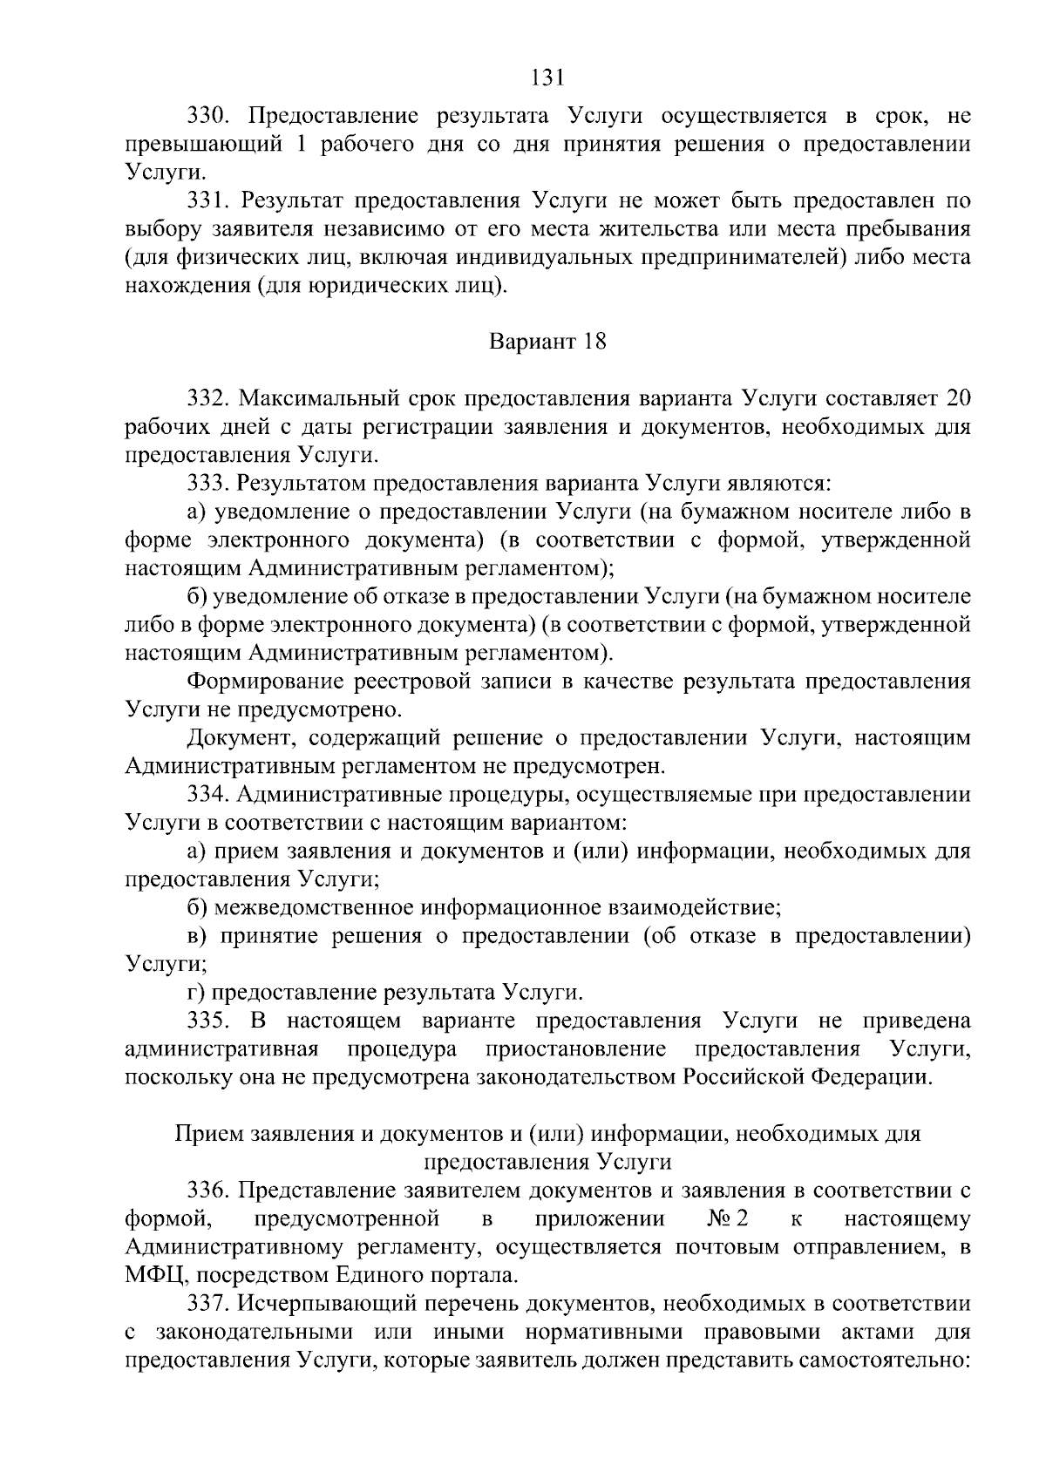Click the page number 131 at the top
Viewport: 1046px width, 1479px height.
point(547,78)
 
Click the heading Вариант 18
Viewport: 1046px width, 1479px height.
point(547,341)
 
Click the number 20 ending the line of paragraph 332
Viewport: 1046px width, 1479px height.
point(957,398)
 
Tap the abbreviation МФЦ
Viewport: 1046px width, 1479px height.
point(153,1276)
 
